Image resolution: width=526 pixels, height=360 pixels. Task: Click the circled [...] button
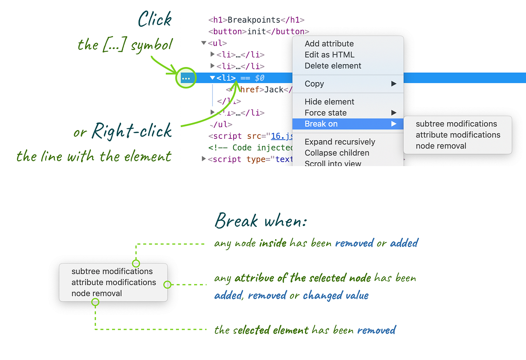[x=186, y=78]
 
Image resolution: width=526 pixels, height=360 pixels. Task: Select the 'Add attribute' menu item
[x=329, y=43]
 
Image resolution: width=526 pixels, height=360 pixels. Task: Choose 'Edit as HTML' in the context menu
[x=329, y=55]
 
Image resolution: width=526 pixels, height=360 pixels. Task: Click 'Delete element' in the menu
[x=333, y=66]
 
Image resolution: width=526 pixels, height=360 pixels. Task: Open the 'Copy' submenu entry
[x=314, y=84]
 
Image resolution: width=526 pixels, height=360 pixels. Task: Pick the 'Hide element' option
[x=329, y=102]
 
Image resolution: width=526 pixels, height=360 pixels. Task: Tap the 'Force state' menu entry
[x=325, y=113]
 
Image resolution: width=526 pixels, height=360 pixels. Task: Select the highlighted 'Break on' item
[x=321, y=124]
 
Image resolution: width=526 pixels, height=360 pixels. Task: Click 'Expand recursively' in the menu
[x=340, y=142]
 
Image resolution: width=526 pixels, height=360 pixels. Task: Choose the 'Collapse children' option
[x=337, y=153]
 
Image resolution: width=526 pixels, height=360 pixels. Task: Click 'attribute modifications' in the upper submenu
[x=458, y=135]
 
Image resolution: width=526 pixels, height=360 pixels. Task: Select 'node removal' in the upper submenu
[x=441, y=146]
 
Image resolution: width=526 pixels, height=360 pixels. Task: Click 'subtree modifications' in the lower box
[x=112, y=272]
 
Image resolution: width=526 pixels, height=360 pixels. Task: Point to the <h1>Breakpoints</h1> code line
[x=256, y=20]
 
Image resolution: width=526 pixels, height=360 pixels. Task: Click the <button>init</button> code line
[x=259, y=32]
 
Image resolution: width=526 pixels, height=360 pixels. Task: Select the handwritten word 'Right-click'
[x=131, y=131]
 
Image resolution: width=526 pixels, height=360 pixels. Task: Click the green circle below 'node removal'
[x=95, y=302]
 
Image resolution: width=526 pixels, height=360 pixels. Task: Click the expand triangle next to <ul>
[x=203, y=43]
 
